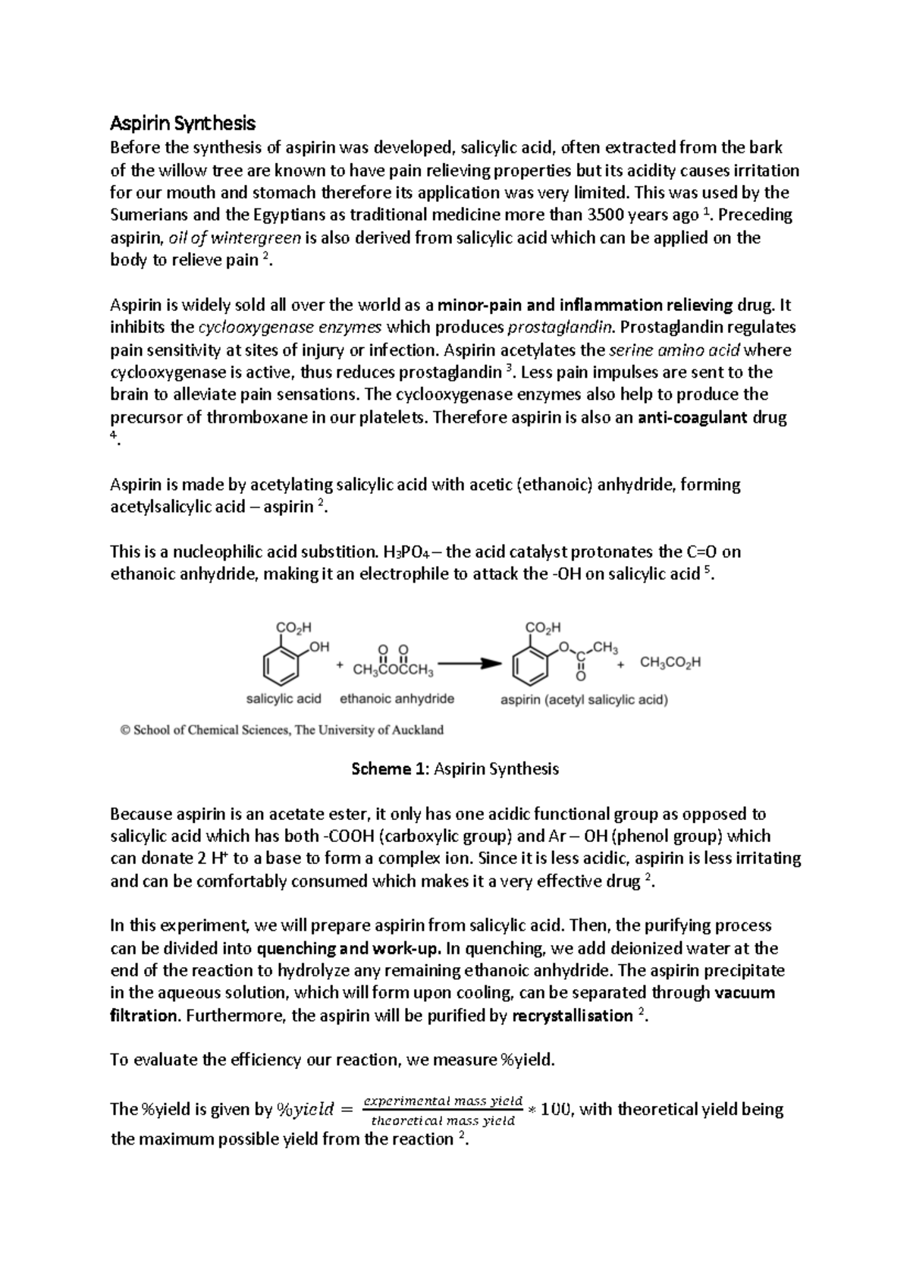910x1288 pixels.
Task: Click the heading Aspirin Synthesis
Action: tap(183, 123)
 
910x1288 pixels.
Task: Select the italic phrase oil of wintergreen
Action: tap(234, 237)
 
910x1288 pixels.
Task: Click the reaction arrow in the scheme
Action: tap(470, 662)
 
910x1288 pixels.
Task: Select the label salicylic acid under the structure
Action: tap(284, 699)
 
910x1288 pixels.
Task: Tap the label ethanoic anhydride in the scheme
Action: tap(397, 699)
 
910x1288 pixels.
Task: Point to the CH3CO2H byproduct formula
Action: tap(670, 662)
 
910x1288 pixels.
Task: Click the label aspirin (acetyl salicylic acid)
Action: tap(584, 699)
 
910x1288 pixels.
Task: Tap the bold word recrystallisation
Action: tap(573, 1016)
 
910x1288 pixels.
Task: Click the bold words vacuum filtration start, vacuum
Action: tap(745, 993)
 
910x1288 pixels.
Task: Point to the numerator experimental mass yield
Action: tap(443, 1100)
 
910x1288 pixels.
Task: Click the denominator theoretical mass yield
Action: tap(443, 1120)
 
